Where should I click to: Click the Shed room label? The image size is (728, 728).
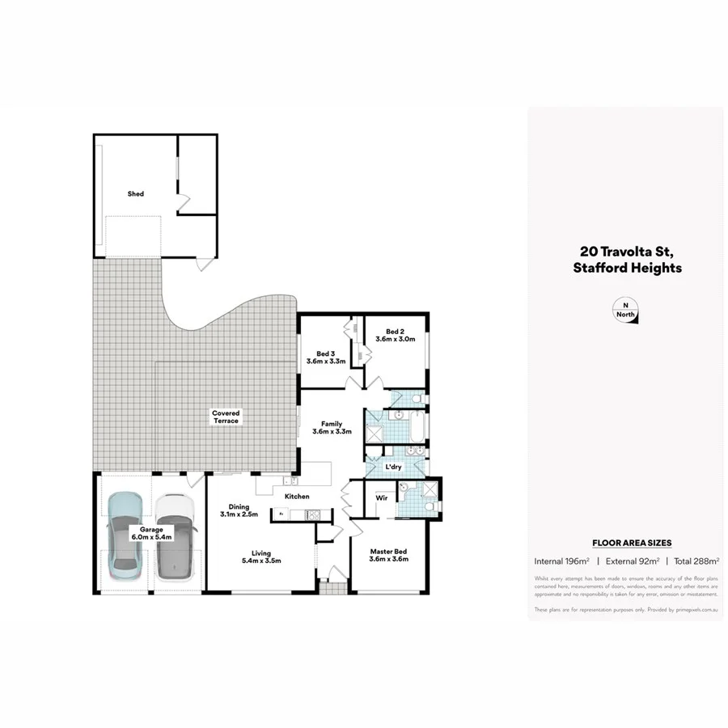(x=136, y=194)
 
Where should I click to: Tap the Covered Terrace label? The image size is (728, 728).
(x=226, y=417)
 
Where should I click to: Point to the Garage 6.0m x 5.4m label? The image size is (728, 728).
(x=150, y=533)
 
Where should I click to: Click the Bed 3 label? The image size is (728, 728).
(x=325, y=357)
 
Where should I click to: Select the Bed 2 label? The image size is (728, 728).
(x=395, y=335)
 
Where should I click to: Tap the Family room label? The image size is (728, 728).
(x=331, y=428)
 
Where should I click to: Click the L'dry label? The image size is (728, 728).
(x=394, y=468)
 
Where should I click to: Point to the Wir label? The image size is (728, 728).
(x=380, y=498)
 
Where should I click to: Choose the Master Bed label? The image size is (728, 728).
(x=388, y=555)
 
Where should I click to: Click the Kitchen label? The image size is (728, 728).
(x=296, y=496)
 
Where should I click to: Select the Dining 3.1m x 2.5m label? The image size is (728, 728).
(x=238, y=510)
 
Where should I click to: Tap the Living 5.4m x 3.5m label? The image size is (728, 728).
(x=260, y=558)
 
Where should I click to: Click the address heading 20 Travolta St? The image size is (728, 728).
(x=625, y=251)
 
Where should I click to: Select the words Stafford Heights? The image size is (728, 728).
(x=625, y=268)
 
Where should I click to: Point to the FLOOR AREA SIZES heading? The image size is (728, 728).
(x=632, y=543)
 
